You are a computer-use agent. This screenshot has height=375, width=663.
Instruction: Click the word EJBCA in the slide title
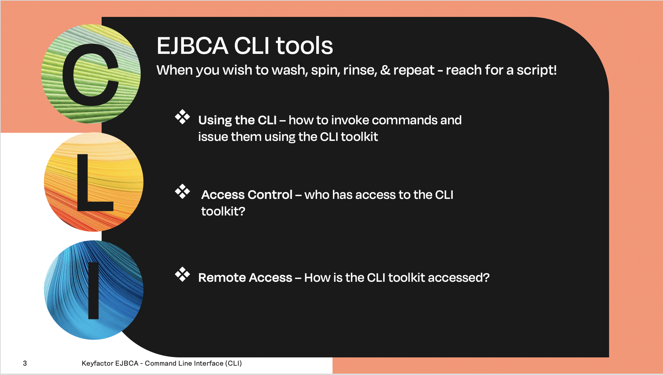click(x=193, y=46)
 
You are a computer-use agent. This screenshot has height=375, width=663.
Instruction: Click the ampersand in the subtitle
click(x=385, y=70)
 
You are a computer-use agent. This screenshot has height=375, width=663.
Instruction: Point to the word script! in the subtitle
click(x=536, y=70)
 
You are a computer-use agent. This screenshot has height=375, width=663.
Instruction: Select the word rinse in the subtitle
click(x=359, y=70)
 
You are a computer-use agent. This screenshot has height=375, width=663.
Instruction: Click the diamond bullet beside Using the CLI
click(x=182, y=117)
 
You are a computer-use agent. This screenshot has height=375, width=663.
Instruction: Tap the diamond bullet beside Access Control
click(x=182, y=192)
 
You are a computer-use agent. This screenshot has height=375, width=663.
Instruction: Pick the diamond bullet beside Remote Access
click(x=182, y=275)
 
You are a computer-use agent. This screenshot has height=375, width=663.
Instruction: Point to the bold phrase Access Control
click(x=247, y=195)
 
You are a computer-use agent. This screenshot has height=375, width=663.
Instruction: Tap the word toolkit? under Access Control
click(x=223, y=211)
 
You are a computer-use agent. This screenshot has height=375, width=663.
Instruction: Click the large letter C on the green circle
click(x=91, y=75)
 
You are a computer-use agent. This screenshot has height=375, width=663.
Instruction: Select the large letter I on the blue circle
click(x=94, y=290)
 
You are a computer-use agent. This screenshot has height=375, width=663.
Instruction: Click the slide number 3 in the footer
click(x=25, y=363)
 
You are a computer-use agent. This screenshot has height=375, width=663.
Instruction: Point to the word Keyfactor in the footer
click(x=97, y=363)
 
